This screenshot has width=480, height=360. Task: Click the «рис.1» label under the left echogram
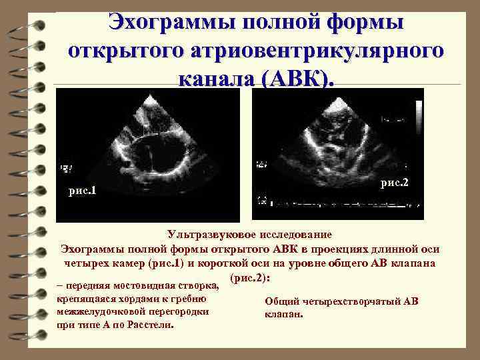point(83,191)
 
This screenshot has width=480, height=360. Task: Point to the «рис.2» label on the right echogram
point(394,182)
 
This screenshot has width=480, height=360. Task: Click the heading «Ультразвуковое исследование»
point(250,235)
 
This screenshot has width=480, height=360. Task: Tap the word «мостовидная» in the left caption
point(140,287)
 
